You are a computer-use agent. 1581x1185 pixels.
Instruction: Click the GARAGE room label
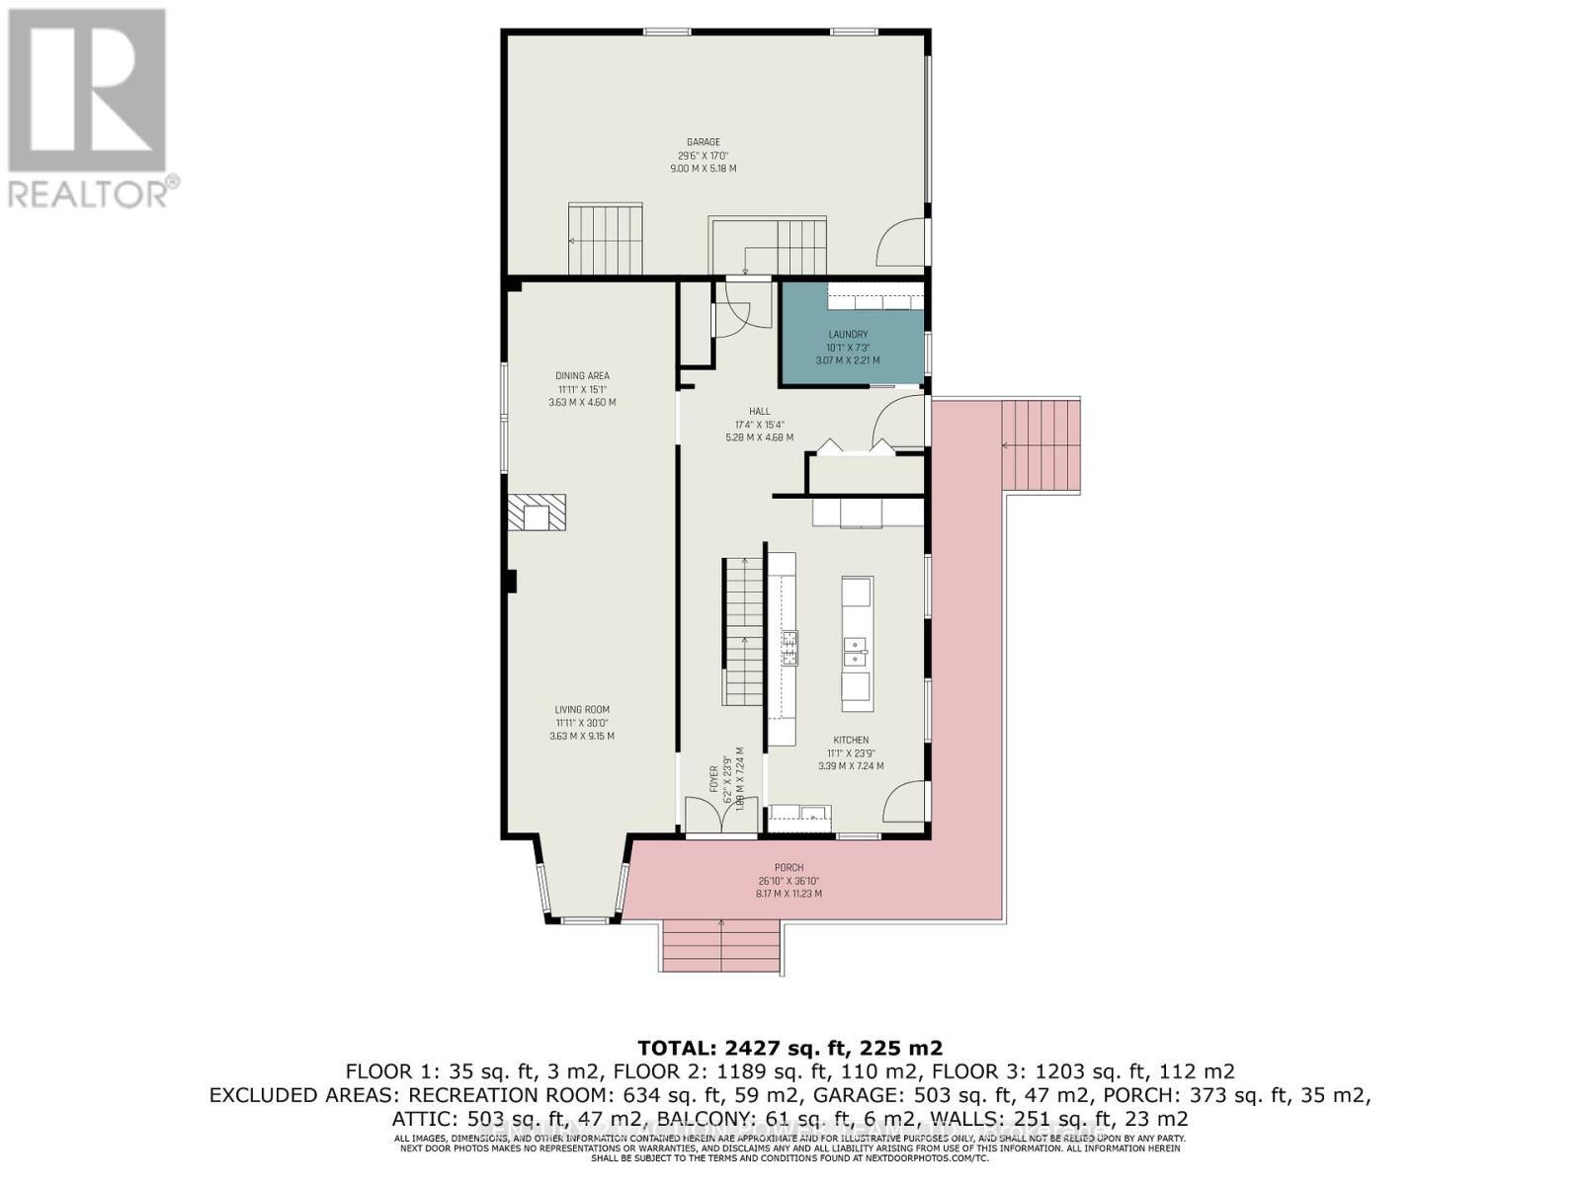[704, 142]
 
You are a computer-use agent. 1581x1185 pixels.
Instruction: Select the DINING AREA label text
[582, 376]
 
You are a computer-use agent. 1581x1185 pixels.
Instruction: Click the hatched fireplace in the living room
[538, 513]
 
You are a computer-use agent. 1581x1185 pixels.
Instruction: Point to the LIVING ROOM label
[581, 710]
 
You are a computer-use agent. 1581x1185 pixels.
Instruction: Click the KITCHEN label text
[851, 741]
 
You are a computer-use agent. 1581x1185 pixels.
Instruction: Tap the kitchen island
[857, 644]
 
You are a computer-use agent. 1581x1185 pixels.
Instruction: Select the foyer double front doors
[721, 816]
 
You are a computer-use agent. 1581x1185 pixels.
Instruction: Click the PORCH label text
[789, 868]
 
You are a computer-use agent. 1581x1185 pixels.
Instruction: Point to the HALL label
[759, 412]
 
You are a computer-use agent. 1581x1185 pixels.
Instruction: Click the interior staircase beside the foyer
[743, 632]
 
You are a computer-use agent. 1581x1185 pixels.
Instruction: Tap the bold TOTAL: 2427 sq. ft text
[790, 1048]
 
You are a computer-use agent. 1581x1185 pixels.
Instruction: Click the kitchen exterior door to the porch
[905, 802]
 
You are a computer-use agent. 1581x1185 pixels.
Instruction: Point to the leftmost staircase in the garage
[605, 239]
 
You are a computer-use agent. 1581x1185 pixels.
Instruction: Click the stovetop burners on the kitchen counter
[790, 646]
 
